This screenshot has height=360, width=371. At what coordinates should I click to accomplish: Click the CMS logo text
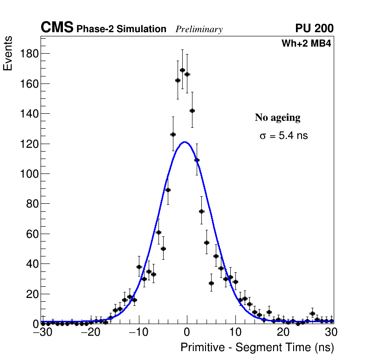pyautogui.click(x=57, y=28)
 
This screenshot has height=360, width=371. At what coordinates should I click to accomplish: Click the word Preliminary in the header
pyautogui.click(x=199, y=29)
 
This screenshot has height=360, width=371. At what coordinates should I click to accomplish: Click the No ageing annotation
pyautogui.click(x=277, y=118)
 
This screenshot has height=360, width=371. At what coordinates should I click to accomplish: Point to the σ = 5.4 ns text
pyautogui.click(x=283, y=136)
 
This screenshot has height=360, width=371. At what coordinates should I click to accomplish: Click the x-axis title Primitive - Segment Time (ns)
pyautogui.click(x=257, y=347)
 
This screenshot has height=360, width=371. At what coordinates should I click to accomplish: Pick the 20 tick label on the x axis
pyautogui.click(x=283, y=332)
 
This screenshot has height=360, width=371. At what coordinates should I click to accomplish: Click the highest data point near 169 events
pyautogui.click(x=182, y=70)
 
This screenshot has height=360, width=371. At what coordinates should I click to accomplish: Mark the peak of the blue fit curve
pyautogui.click(x=185, y=142)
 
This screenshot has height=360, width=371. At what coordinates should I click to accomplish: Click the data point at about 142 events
pyautogui.click(x=192, y=111)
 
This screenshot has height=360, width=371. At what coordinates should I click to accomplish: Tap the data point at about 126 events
pyautogui.click(x=173, y=135)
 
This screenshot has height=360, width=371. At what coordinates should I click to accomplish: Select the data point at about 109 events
pyautogui.click(x=197, y=160)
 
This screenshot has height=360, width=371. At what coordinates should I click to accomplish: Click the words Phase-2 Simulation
pyautogui.click(x=121, y=29)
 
